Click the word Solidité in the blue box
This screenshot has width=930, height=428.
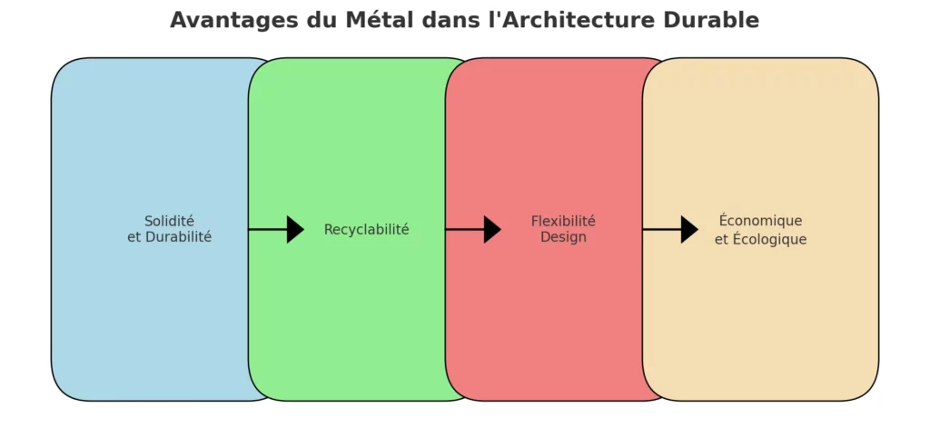pos(169,221)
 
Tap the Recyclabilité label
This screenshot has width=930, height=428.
pos(366,230)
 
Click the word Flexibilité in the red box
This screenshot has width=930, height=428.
pos(563,221)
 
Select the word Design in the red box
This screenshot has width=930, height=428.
pos(563,237)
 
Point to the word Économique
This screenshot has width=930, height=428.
pos(760,221)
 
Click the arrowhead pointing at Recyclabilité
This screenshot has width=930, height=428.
pos(295,230)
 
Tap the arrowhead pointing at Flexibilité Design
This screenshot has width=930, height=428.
pos(492,230)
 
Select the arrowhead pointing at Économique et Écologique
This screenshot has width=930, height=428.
pos(689,230)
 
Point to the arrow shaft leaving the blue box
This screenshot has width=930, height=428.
pos(267,230)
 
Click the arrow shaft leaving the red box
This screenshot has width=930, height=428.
pos(661,230)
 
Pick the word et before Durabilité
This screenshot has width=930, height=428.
pos(134,237)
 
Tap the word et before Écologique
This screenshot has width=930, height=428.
pos(721,240)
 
